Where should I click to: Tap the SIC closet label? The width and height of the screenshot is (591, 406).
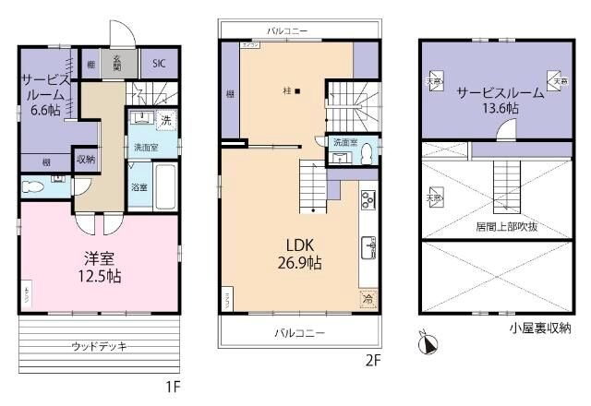click(159, 65)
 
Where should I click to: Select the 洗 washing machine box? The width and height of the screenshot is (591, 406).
click(166, 121)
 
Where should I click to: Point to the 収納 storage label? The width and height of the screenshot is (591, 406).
click(86, 159)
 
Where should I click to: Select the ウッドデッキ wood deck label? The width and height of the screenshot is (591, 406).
click(99, 345)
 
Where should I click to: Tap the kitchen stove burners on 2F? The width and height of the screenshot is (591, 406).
click(367, 200)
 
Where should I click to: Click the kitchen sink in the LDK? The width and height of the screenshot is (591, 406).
click(368, 248)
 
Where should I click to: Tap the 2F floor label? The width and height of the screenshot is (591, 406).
click(372, 360)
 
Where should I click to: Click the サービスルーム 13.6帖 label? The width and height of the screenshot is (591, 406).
click(488, 99)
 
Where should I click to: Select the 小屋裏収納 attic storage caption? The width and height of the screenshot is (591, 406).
click(537, 327)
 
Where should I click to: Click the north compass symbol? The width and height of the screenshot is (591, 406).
click(428, 344)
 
